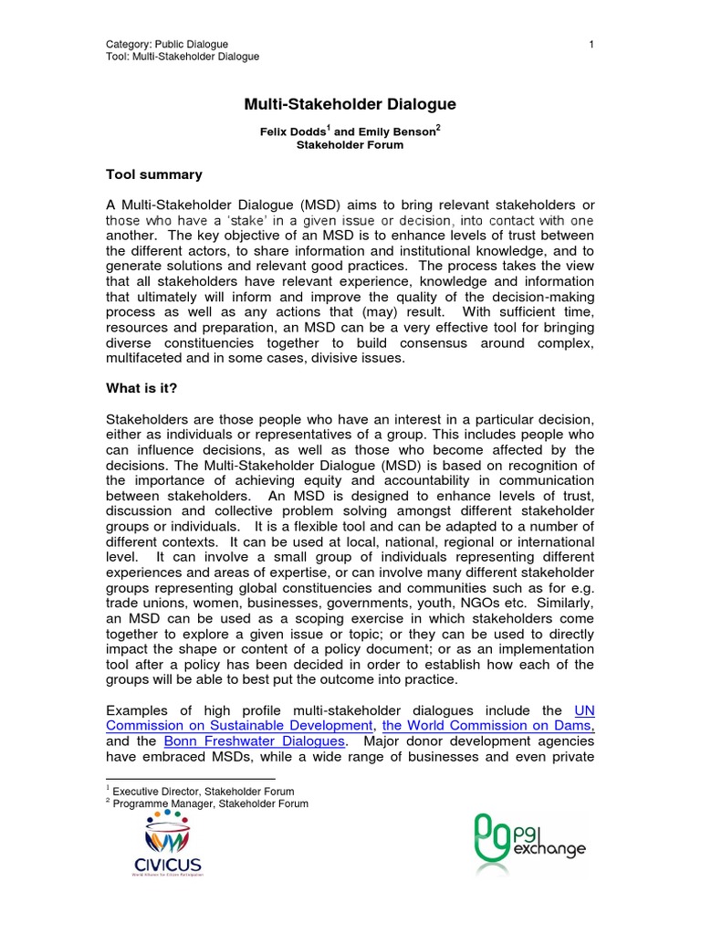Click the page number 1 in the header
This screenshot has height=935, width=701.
click(x=591, y=44)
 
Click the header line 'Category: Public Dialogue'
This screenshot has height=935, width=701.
click(x=167, y=44)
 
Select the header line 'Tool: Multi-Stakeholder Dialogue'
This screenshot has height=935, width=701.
click(x=183, y=57)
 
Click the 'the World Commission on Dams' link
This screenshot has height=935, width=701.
click(x=488, y=725)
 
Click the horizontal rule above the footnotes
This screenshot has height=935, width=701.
click(x=179, y=780)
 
